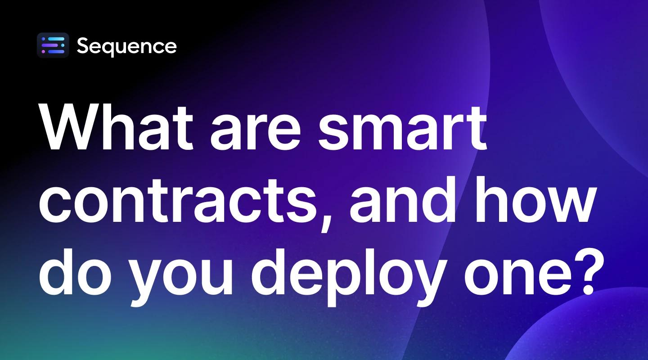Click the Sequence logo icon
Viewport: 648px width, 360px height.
(x=53, y=45)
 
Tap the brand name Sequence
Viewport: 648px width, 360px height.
(x=126, y=46)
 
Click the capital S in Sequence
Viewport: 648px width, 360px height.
(x=84, y=46)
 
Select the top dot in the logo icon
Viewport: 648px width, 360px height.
(x=44, y=39)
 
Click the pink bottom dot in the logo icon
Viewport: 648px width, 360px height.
(x=44, y=52)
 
